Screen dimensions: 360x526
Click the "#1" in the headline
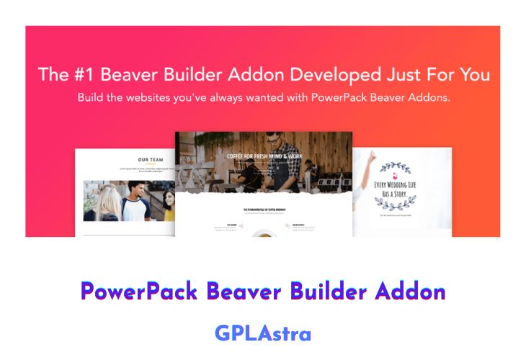pyautogui.click(x=81, y=74)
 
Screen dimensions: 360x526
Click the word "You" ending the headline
pyautogui.click(x=473, y=74)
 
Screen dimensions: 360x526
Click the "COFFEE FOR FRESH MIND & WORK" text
pyautogui.click(x=263, y=154)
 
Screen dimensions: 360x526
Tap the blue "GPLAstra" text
pyautogui.click(x=263, y=333)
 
